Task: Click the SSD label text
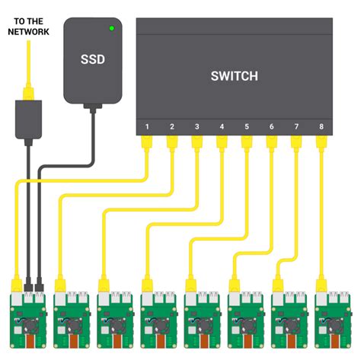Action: click(x=92, y=59)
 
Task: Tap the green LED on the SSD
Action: click(x=112, y=29)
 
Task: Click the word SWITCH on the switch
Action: click(x=234, y=75)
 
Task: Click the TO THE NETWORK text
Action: click(x=28, y=27)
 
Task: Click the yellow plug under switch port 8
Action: click(x=319, y=142)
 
